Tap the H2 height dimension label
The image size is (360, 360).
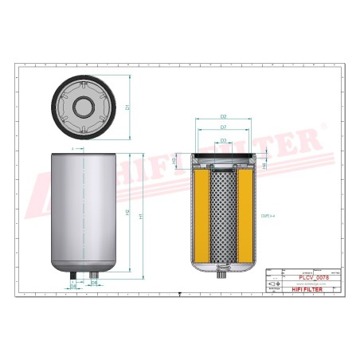127,213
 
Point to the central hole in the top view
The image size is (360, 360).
84,106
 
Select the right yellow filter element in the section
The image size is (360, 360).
246,214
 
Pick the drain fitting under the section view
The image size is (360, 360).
222,276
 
